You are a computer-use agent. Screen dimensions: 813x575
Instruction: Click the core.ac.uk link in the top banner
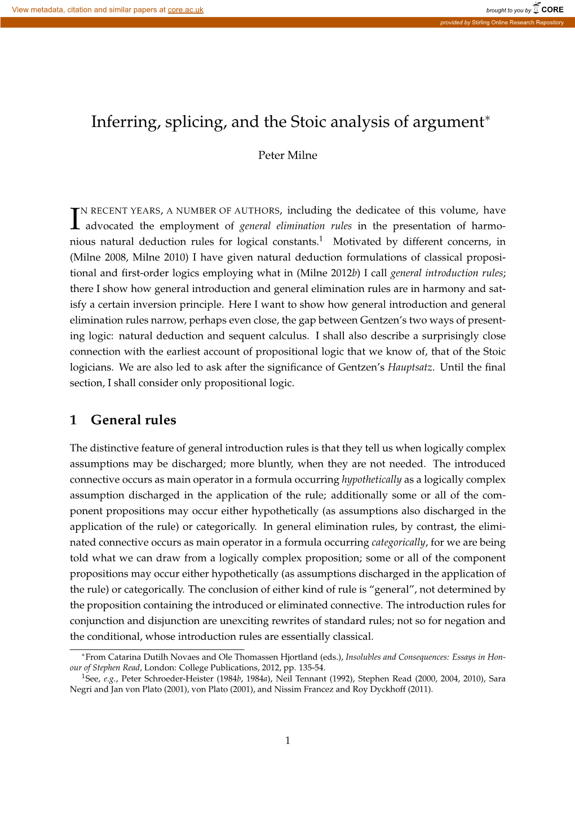click(x=185, y=10)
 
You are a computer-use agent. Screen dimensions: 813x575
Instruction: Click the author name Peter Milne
click(x=287, y=156)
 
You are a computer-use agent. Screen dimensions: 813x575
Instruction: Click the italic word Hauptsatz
click(x=410, y=368)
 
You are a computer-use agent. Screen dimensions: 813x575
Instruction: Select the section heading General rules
click(x=133, y=420)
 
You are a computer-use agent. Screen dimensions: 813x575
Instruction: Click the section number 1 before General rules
click(x=73, y=420)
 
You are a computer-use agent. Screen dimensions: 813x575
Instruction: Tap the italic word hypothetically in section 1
click(x=371, y=480)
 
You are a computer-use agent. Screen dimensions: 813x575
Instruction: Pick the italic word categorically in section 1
click(x=399, y=542)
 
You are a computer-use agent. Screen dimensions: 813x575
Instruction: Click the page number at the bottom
click(x=287, y=741)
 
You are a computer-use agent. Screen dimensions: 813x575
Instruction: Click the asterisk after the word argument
click(x=488, y=118)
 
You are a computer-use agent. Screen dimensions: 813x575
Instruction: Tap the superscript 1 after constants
click(x=320, y=239)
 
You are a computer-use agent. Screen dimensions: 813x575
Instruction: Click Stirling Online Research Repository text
click(x=517, y=23)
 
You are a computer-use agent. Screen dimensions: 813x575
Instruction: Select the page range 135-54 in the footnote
click(x=311, y=668)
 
